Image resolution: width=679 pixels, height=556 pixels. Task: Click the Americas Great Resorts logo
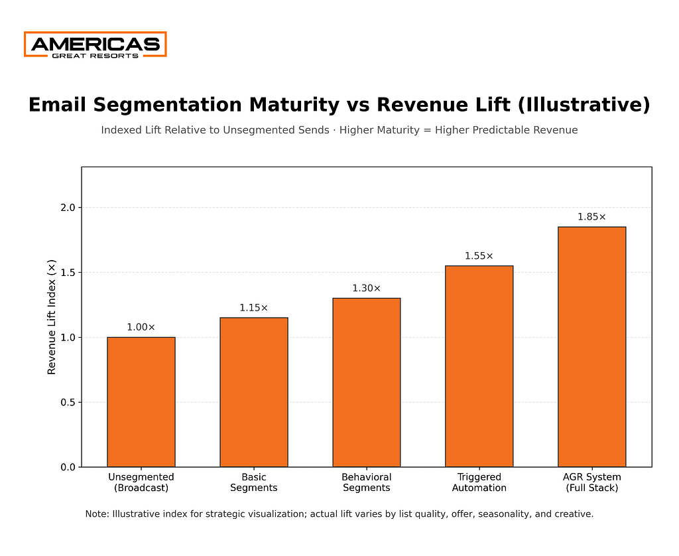95,44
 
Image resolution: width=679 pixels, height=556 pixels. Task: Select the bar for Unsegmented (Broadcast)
141,402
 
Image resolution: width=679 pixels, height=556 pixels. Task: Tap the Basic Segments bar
254,392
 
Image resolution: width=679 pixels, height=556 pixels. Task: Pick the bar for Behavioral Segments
367,383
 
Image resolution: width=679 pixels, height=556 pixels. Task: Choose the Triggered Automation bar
479,366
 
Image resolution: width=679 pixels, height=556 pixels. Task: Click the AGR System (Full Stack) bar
592,347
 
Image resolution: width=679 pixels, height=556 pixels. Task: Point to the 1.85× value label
592,217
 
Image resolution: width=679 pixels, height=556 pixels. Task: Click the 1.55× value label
479,256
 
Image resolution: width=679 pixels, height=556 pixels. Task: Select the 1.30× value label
367,289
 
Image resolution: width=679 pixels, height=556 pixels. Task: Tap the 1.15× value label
254,308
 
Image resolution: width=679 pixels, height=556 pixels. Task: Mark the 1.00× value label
141,327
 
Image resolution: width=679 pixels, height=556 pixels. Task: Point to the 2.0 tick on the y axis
68,208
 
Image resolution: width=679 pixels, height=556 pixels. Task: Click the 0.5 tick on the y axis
68,403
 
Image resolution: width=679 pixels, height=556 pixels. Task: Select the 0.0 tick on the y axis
68,467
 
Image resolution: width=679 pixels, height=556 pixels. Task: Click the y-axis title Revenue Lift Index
52,317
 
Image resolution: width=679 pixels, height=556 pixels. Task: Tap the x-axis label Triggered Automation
479,482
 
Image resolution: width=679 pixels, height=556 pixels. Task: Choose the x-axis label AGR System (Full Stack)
592,482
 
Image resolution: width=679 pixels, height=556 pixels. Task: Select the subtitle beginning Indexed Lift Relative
339,130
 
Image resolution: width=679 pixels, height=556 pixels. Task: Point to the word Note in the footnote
97,514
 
